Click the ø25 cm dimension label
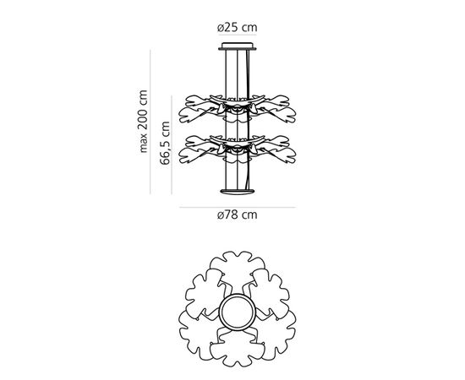click(x=237, y=28)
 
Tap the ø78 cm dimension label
click(x=237, y=214)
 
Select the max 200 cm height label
click(x=143, y=122)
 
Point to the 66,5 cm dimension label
click(x=165, y=143)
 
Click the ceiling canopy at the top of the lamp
click(x=238, y=46)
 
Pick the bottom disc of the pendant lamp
click(x=238, y=192)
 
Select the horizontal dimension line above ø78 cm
click(x=238, y=208)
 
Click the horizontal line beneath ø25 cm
click(x=238, y=35)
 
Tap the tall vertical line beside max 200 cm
click(x=150, y=122)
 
